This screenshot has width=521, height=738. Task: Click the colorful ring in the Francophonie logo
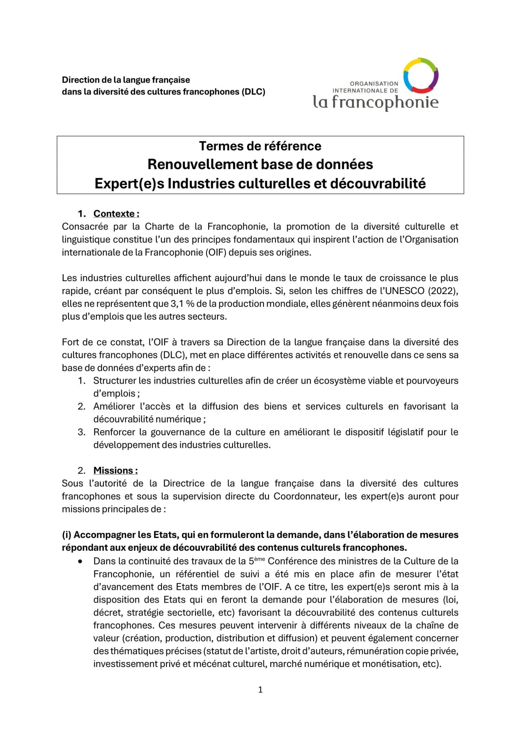tap(420, 75)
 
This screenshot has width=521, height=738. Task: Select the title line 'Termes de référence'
tap(260, 146)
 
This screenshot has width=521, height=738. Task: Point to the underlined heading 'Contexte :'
tap(116, 214)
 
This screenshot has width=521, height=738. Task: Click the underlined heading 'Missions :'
tap(115, 471)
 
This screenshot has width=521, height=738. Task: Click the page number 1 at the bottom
tap(260, 690)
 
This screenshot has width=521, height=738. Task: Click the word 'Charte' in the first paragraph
tap(157, 227)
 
